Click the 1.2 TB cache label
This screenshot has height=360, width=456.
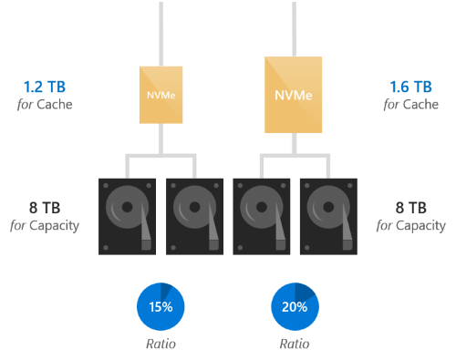point(45,87)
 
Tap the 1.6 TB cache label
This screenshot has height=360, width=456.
point(410,87)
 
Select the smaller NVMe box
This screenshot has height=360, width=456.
point(161,95)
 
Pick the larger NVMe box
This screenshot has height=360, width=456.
point(294,95)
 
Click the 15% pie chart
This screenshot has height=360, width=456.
point(161,306)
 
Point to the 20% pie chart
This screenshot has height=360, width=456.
point(295,306)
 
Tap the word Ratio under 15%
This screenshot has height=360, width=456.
point(161,344)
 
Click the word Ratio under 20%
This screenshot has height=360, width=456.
point(295,344)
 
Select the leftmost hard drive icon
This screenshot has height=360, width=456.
point(127,216)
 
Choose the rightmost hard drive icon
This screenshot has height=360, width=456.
point(328,216)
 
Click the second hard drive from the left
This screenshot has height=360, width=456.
point(194,216)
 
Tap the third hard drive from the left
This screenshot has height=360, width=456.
point(262,216)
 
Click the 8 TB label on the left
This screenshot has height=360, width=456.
point(45,208)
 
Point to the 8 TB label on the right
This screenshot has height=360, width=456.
point(411,208)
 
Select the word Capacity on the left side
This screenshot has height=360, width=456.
point(55,226)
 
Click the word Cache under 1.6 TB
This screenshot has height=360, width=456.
point(420,105)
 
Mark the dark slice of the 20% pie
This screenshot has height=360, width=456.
point(304,292)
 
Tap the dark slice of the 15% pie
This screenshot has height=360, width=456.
point(165,291)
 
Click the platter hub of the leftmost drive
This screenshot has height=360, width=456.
point(127,207)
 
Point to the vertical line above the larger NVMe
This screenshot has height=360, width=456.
point(294,29)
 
